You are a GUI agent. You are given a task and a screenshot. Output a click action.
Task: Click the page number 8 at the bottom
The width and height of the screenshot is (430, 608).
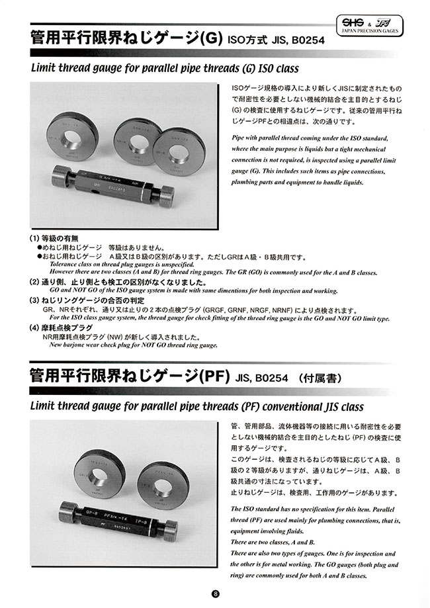click(x=215, y=594)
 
